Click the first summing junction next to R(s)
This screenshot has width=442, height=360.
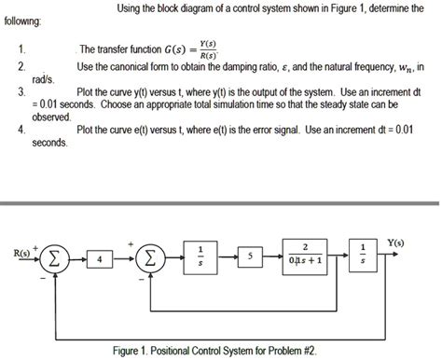tap(57, 257)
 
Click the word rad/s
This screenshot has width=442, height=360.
tap(44, 80)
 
